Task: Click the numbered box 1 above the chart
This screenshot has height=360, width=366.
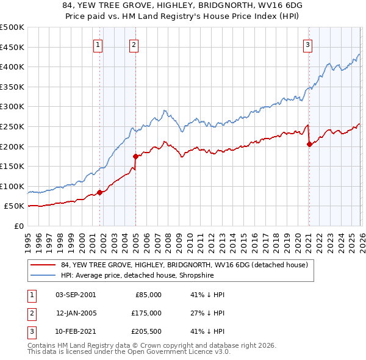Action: click(x=99, y=44)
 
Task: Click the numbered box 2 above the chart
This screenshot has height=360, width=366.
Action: click(x=134, y=44)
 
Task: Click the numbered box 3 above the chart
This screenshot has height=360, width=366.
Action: click(x=308, y=44)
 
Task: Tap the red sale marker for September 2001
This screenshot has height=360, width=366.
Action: click(x=100, y=192)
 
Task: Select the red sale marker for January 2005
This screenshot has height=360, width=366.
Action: click(x=135, y=156)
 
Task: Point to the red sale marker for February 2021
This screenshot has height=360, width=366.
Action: click(x=309, y=144)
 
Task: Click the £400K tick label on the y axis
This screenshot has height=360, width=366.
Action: click(x=12, y=67)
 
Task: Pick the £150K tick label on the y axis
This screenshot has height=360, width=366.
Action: click(x=12, y=167)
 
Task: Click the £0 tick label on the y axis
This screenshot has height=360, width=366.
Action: click(x=19, y=226)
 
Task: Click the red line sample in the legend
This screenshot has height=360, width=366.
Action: click(x=43, y=265)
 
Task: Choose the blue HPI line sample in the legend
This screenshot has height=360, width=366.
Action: click(x=43, y=275)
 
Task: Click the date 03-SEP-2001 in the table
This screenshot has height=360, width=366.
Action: click(x=76, y=295)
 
